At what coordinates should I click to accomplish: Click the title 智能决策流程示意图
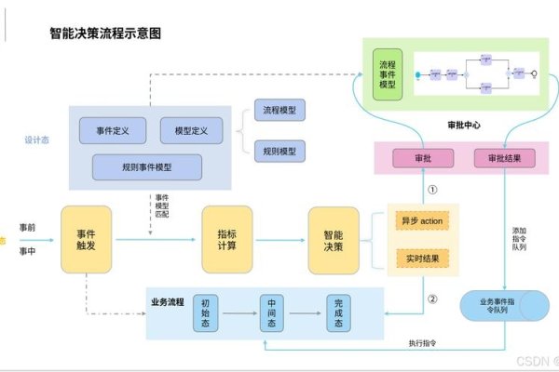[105, 33]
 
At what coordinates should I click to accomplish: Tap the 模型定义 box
[191, 130]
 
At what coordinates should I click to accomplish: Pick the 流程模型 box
[280, 111]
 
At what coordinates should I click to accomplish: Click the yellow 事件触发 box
[87, 240]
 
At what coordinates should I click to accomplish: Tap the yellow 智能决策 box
[334, 240]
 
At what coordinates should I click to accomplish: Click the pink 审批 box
[423, 158]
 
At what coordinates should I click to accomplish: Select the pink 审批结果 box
[505, 158]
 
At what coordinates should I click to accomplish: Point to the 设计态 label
[37, 141]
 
